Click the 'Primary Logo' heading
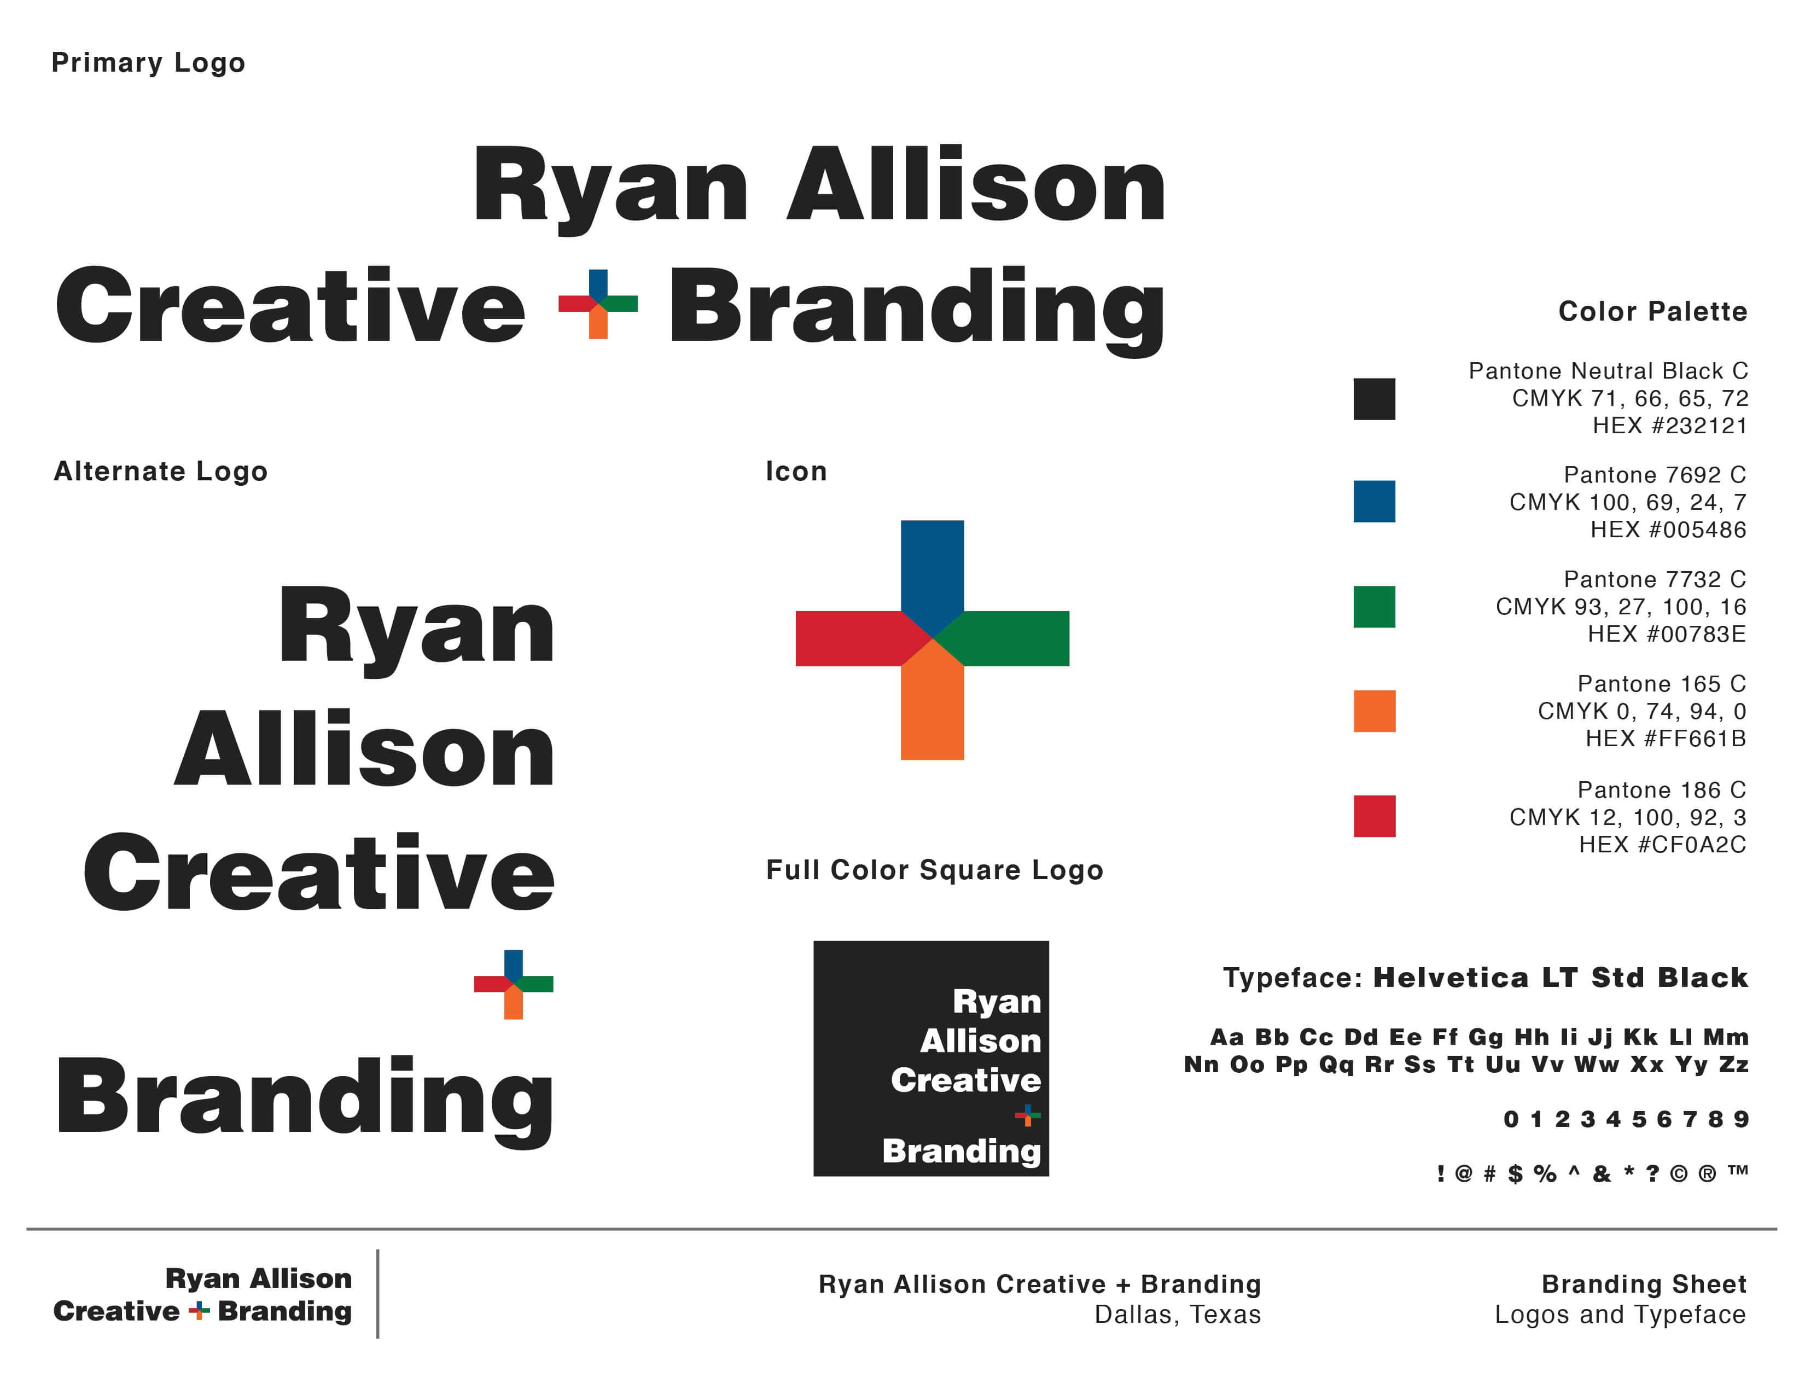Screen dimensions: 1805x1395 tap(148, 63)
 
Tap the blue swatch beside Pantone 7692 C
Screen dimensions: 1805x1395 tap(1373, 502)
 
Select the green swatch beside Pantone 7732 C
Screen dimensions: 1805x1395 tap(1373, 607)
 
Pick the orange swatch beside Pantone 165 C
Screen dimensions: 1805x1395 tap(1373, 711)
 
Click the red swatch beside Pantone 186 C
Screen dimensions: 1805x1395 tap(1373, 816)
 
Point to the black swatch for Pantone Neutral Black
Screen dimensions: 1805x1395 tap(1373, 399)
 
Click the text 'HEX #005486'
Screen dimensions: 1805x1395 tap(1668, 529)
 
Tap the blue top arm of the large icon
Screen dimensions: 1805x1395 tap(932, 570)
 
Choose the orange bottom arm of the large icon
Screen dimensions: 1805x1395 tap(932, 707)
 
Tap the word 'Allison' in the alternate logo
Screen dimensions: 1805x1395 tap(364, 749)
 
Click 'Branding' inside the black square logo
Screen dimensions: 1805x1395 tap(961, 1151)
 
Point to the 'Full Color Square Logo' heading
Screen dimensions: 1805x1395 tap(934, 870)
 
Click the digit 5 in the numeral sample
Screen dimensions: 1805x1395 tap(1639, 1119)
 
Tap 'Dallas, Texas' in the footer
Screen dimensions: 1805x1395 tap(1178, 1314)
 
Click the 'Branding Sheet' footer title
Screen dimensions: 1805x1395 tap(1644, 1283)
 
